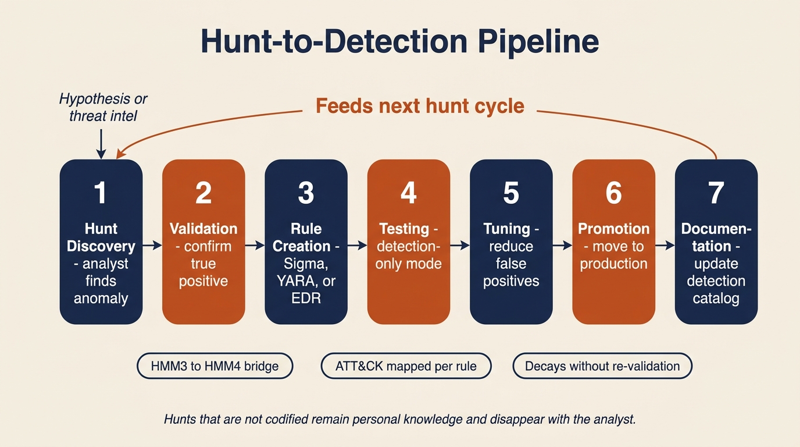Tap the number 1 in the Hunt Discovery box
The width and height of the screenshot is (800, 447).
(101, 193)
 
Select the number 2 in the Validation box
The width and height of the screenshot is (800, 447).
(203, 193)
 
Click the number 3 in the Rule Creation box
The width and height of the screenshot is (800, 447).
(306, 193)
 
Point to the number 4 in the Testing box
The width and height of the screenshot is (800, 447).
(409, 193)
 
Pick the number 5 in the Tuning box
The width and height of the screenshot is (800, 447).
(511, 193)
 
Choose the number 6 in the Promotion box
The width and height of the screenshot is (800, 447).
(614, 193)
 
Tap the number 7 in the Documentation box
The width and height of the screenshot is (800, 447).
(716, 193)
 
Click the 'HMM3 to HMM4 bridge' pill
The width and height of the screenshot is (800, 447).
(215, 367)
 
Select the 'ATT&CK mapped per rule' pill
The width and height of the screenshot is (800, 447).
(406, 367)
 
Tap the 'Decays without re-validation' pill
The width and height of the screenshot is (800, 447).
(602, 367)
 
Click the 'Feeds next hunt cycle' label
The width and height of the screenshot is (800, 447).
(420, 107)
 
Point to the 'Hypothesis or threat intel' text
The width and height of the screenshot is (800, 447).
(103, 107)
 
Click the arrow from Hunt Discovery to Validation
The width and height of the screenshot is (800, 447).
(152, 246)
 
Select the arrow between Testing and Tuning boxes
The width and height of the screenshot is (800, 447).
(460, 246)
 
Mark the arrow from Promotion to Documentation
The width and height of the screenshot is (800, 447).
(665, 246)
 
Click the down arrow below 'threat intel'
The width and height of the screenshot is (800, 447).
(101, 144)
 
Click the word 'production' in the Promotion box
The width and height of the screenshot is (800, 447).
(613, 264)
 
